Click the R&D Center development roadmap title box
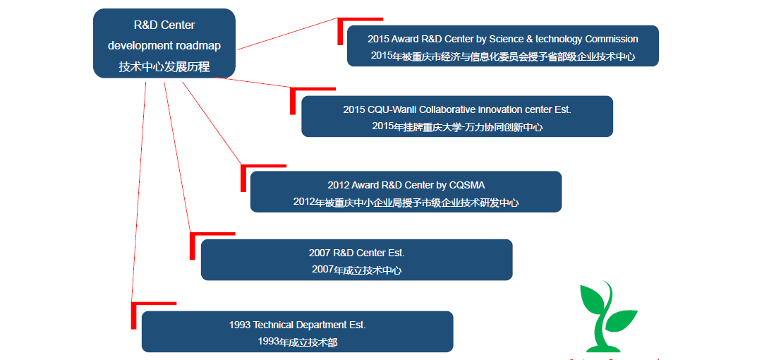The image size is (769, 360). [164, 43]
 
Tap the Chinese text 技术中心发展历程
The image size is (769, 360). [164, 67]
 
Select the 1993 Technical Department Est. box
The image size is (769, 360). [297, 332]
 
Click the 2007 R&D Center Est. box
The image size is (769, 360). [356, 260]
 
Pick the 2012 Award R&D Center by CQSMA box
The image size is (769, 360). [406, 191]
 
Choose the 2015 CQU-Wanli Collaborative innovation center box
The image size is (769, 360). [456, 116]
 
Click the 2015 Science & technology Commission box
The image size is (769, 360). [502, 46]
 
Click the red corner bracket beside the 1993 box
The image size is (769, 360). [134, 314]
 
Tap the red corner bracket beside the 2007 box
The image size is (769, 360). [193, 244]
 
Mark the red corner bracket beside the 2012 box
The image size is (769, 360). [244, 176]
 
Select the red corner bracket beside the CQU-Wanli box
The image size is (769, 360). [293, 99]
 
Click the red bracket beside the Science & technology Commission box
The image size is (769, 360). [341, 30]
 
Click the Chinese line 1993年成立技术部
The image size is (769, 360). [297, 342]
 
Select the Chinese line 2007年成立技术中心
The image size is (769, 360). [356, 270]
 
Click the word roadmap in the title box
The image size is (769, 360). [198, 45]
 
